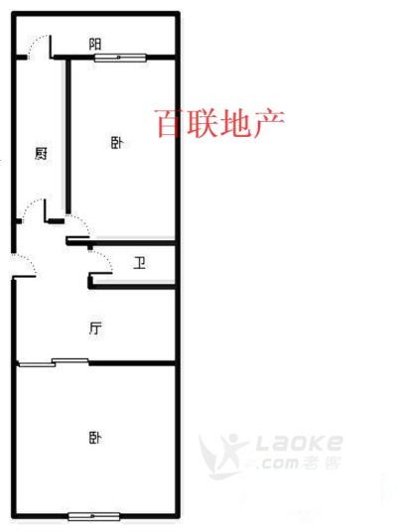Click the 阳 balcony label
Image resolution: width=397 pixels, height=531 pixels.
95,45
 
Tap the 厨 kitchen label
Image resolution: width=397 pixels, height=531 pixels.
42,154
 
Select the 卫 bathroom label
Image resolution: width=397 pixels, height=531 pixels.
140,263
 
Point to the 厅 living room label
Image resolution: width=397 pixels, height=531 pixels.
95,329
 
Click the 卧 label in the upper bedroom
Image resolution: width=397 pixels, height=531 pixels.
117,143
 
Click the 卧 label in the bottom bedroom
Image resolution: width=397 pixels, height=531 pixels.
95,438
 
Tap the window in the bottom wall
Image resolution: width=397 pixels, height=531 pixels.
94,516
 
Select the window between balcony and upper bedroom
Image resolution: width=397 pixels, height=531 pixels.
120,58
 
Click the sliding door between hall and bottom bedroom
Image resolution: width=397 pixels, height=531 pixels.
54,362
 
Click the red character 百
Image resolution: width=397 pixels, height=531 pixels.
169,123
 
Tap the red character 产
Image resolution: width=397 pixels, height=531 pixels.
269,123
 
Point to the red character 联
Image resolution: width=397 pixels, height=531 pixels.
201,123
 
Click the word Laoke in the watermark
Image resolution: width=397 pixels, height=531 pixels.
299,443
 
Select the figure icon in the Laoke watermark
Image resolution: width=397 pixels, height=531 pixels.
223,456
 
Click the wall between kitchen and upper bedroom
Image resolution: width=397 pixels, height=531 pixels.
68,135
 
